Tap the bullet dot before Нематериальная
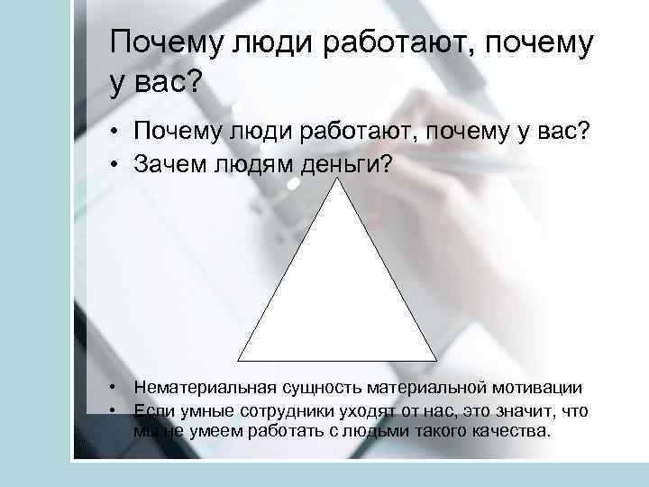[x=114, y=388]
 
